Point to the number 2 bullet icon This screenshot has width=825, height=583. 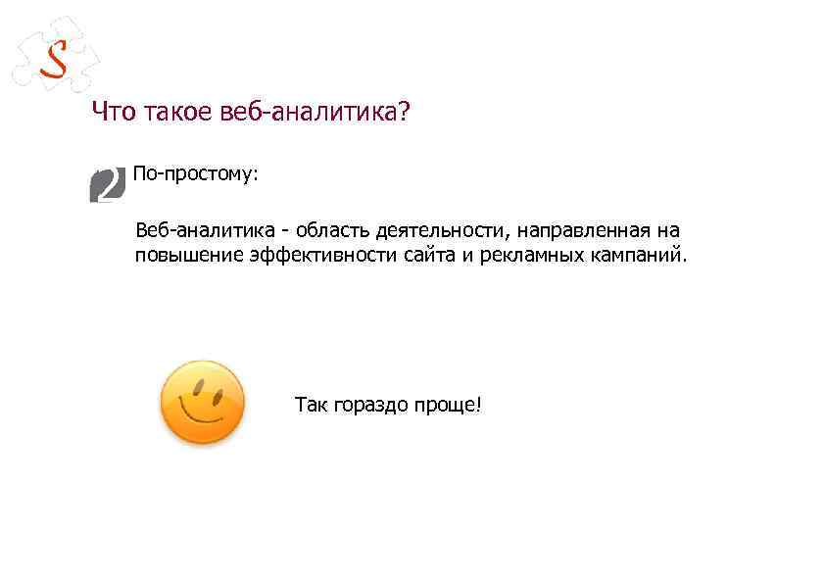pos(107,184)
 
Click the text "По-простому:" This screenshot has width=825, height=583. pos(195,174)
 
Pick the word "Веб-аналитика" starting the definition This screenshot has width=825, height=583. pos(192,231)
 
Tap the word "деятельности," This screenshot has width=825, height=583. pos(431,231)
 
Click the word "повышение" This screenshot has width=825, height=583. pos(180,257)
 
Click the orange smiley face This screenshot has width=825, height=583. pos(202,403)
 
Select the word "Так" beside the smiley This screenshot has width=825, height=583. pos(312,404)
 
